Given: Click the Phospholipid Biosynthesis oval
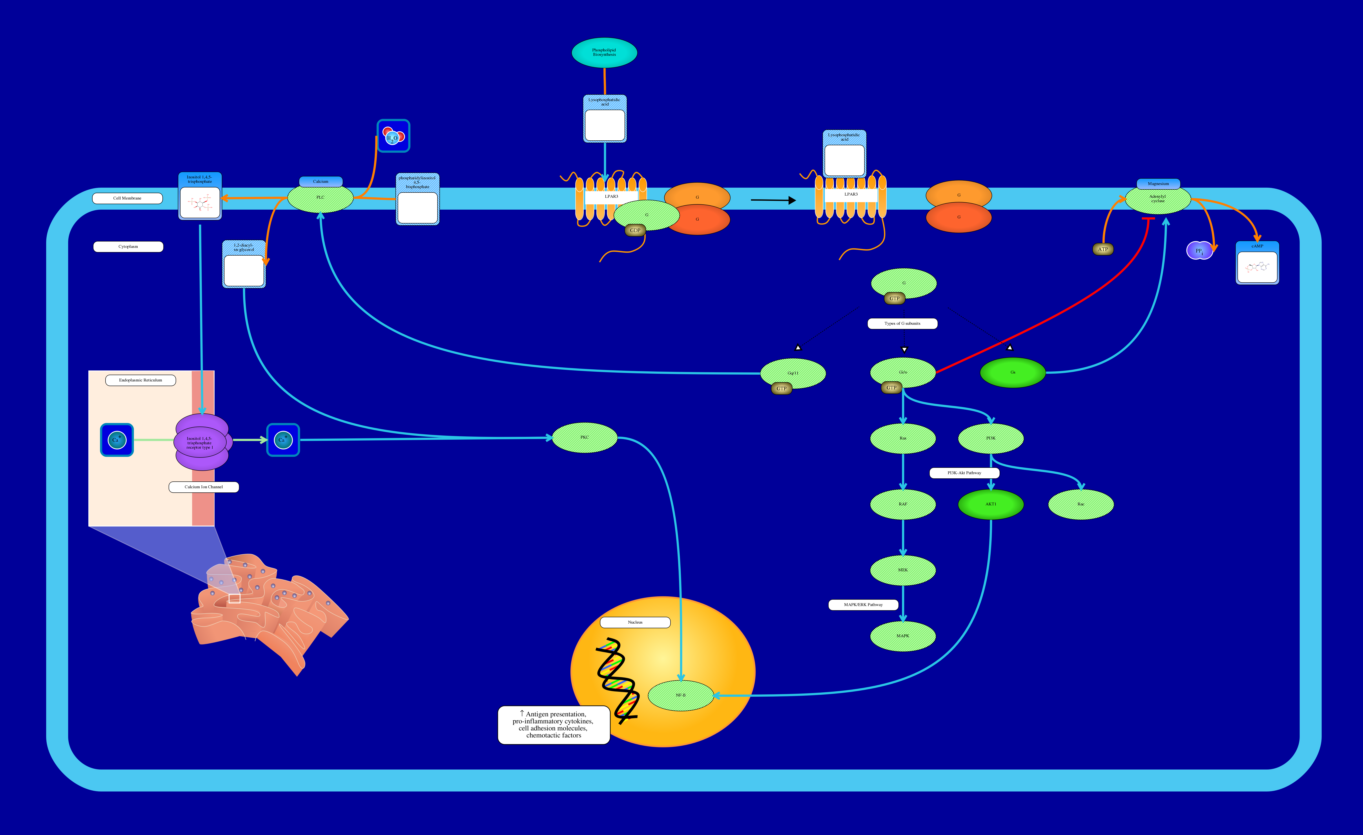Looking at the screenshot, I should point(604,53).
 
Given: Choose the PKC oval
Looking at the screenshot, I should point(585,437).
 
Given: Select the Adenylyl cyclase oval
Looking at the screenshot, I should point(1158,199).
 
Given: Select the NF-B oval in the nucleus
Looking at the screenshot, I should point(680,695).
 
